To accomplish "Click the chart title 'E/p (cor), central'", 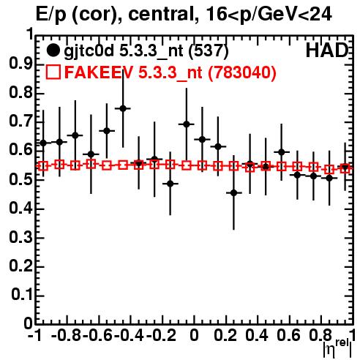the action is pos(116,14).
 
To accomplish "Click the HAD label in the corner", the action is pos(327,50).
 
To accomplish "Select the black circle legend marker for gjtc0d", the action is pos(53,50).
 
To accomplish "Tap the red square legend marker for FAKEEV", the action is pos(53,72).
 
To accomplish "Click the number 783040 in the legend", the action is pos(242,72).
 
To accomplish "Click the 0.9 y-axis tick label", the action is pos(20,64).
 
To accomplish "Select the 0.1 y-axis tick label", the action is pos(21,295).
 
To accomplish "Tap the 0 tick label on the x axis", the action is pos(194,335).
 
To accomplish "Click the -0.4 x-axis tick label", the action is pos(129,335).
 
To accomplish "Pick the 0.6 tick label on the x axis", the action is pos(288,335).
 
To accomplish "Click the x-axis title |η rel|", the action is pos(337,348).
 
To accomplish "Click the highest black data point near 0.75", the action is pos(123,108).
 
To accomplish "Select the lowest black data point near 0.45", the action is pos(234,193).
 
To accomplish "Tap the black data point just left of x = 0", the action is pos(187,124).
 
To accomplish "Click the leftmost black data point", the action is pos(43,143).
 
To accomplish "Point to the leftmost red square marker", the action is pos(43,166).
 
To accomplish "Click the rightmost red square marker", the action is pos(345,168).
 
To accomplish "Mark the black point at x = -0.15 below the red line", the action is pos(170,184).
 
